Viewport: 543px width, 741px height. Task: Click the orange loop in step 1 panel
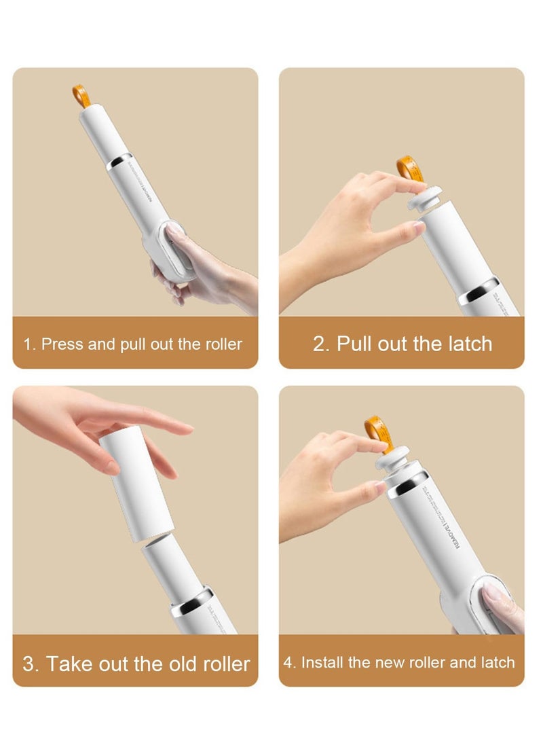[x=81, y=96]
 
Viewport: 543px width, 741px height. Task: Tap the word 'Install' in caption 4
[x=323, y=662]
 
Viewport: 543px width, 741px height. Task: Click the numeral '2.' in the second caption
[x=321, y=344]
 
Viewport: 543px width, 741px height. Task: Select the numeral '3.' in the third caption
[x=31, y=664]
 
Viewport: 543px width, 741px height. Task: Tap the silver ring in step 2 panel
[x=478, y=291]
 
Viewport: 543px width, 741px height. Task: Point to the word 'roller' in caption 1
[x=222, y=344]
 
